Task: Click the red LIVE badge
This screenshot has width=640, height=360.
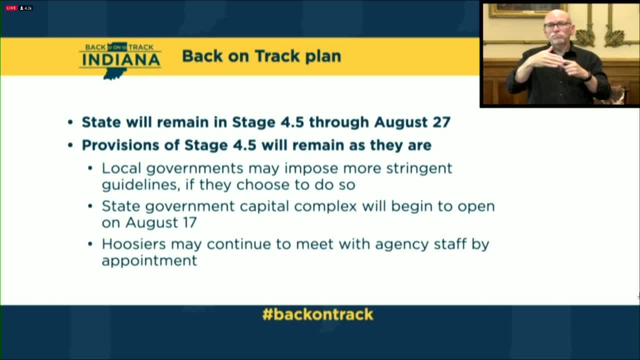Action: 11,8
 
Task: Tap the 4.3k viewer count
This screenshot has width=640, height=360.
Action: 26,8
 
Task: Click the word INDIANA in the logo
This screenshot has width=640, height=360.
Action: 120,59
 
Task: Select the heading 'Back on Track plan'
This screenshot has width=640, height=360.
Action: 261,56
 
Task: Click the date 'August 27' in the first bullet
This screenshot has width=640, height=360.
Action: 412,122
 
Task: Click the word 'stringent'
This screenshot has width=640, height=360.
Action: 419,169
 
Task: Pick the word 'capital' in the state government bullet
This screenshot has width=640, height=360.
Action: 264,206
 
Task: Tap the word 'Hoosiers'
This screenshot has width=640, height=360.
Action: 133,244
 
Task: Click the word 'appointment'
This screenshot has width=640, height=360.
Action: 149,261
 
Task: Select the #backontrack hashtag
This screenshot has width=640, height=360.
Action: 317,314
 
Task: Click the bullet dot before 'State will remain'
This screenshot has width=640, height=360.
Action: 70,122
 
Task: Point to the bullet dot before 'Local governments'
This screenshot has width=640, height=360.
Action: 90,168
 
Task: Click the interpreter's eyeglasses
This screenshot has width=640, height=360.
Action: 557,25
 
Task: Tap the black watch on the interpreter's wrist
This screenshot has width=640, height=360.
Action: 588,76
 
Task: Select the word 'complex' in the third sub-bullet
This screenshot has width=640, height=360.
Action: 325,207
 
